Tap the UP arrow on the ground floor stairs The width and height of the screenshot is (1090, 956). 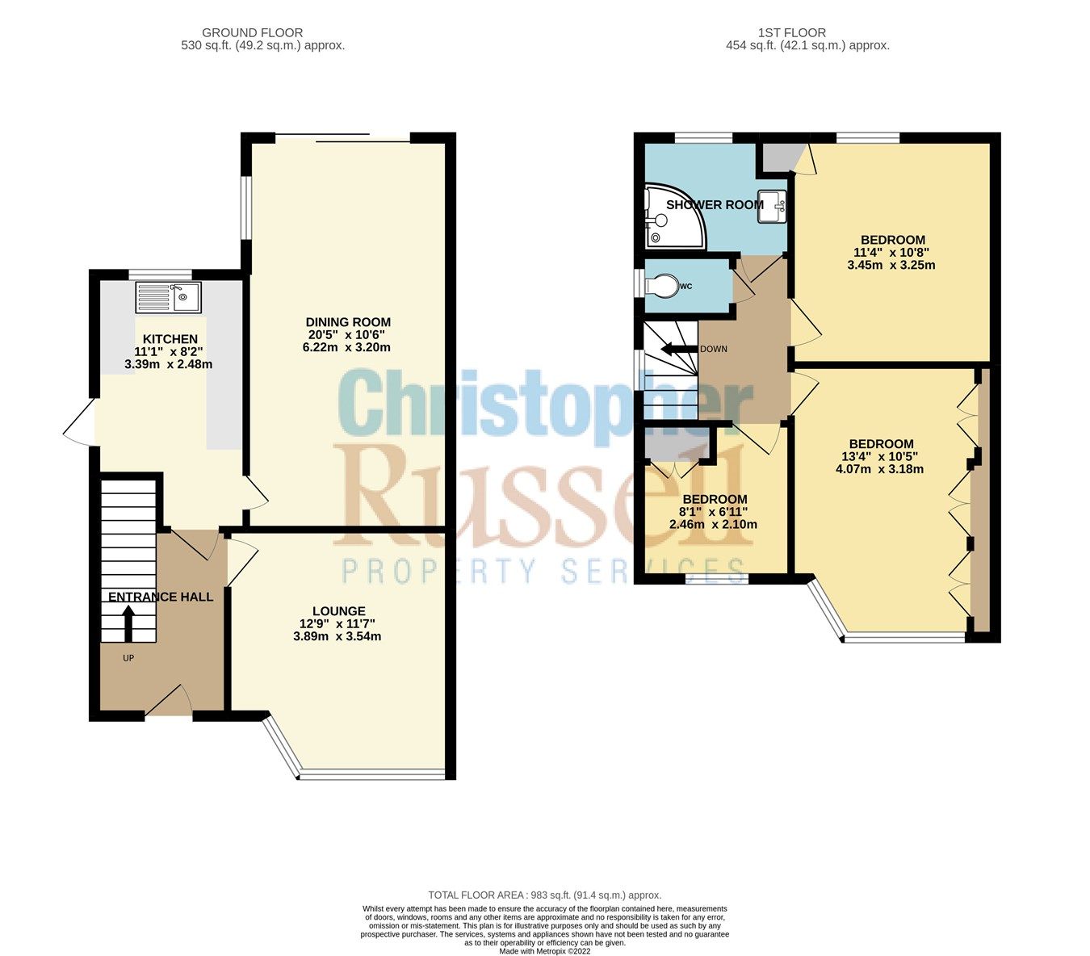tap(128, 623)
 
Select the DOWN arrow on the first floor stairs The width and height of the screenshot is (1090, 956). tap(677, 350)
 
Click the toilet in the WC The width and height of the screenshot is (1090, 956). tap(663, 286)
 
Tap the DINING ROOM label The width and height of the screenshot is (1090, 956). tap(348, 322)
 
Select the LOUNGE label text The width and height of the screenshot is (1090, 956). tap(339, 611)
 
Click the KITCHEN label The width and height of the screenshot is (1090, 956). tap(170, 338)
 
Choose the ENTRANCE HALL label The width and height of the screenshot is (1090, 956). tap(161, 597)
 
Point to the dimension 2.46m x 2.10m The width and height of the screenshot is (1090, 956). tap(713, 524)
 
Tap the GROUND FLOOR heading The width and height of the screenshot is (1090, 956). tap(252, 33)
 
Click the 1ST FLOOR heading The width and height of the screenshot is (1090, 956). tap(791, 33)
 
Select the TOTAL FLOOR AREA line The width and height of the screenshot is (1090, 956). tap(544, 895)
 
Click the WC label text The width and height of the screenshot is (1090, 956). tap(686, 287)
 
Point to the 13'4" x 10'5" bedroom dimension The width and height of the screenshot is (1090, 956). tap(881, 456)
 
